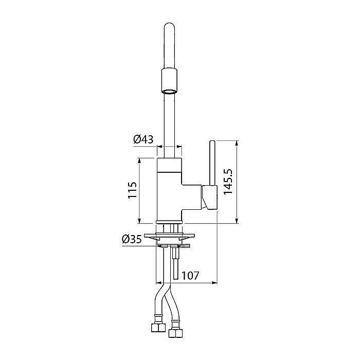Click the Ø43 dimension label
pyautogui.click(x=143, y=139)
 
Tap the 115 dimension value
pyautogui.click(x=133, y=190)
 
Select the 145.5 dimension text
pyautogui.click(x=228, y=182)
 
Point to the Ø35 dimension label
pyautogui.click(x=132, y=240)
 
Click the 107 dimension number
pyautogui.click(x=190, y=276)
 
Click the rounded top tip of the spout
pyautogui.click(x=169, y=24)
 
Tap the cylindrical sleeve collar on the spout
pyautogui.click(x=169, y=81)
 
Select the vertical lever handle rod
pyautogui.click(x=212, y=163)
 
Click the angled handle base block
pyautogui.click(x=210, y=197)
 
